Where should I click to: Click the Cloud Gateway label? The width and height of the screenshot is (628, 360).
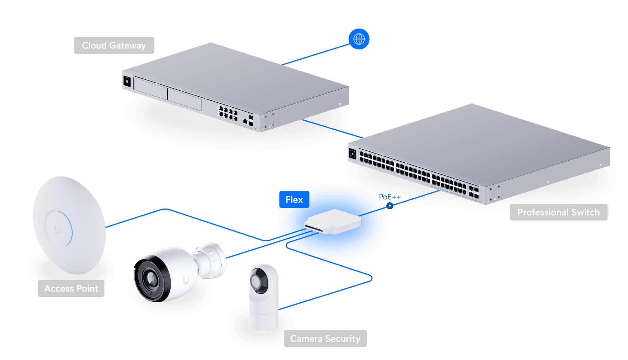click(x=114, y=46)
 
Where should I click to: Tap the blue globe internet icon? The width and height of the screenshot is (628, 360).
click(x=359, y=39)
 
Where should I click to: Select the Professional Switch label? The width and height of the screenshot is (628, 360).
click(x=558, y=212)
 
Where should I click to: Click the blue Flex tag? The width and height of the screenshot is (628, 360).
click(x=294, y=200)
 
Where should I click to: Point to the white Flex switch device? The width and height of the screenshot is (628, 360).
click(x=333, y=222)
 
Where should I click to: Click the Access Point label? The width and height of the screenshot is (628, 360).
click(x=71, y=288)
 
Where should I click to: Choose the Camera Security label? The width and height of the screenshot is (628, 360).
click(x=325, y=338)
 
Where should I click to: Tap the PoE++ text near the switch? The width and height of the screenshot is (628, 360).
click(x=390, y=197)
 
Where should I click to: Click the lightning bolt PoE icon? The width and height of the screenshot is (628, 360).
click(x=390, y=205)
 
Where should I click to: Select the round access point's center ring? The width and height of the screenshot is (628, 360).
click(x=59, y=229)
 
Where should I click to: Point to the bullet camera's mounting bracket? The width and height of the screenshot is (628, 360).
click(x=212, y=260)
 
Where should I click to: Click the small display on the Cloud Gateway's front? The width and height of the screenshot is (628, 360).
click(x=127, y=82)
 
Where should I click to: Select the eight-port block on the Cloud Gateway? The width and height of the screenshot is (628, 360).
click(x=228, y=113)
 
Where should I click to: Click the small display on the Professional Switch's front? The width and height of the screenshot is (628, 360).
click(x=352, y=154)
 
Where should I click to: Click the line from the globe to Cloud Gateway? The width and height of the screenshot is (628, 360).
click(x=316, y=54)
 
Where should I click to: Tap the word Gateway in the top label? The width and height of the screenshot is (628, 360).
click(x=127, y=46)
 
